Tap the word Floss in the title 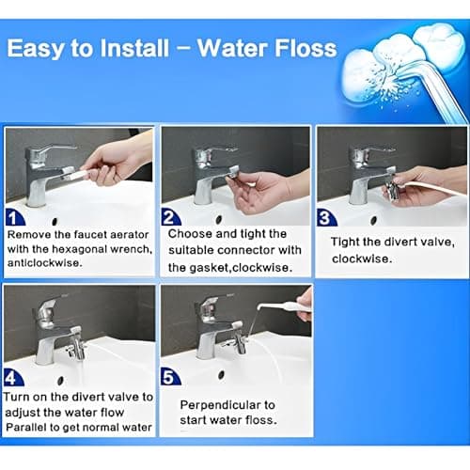pyautogui.click(x=306, y=48)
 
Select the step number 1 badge pyautogui.click(x=15, y=217)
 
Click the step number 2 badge pyautogui.click(x=171, y=217)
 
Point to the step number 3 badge pyautogui.click(x=326, y=217)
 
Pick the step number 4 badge pyautogui.click(x=13, y=378)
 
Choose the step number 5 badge pyautogui.click(x=170, y=376)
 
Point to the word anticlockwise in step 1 pyautogui.click(x=44, y=262)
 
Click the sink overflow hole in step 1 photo pyautogui.click(x=55, y=222)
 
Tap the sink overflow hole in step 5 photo pyautogui.click(x=222, y=374)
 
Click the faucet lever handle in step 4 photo pyautogui.click(x=47, y=307)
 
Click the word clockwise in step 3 pyautogui.click(x=362, y=258)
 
